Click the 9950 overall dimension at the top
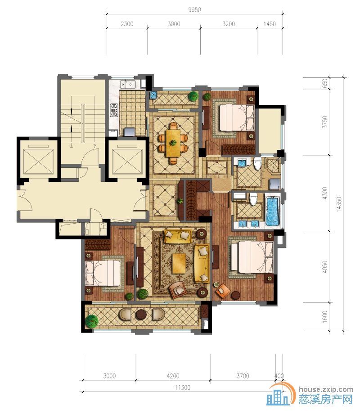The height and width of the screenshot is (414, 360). pos(194,10)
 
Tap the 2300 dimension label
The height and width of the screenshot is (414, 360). pos(127,24)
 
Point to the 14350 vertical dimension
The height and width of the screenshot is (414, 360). pos(339,204)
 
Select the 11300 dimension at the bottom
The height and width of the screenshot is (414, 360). pos(183,387)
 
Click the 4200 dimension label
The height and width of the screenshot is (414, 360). pos(173,376)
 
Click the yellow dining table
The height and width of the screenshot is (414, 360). pos(173,143)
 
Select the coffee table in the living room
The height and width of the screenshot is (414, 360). pos(179,264)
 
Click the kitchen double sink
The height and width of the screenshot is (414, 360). pos(128,84)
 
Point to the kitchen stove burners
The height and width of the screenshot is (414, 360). pos(114,110)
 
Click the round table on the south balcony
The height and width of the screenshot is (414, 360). pos(143,314)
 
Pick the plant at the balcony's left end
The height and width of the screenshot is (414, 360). pos(92,321)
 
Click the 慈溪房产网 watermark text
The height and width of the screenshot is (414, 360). pos(325,400)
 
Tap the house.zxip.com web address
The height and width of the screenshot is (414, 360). pos(326,389)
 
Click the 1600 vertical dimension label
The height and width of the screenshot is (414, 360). pos(325,316)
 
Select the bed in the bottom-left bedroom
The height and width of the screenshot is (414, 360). pos(103,273)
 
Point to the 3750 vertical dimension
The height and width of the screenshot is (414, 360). pos(325,121)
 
